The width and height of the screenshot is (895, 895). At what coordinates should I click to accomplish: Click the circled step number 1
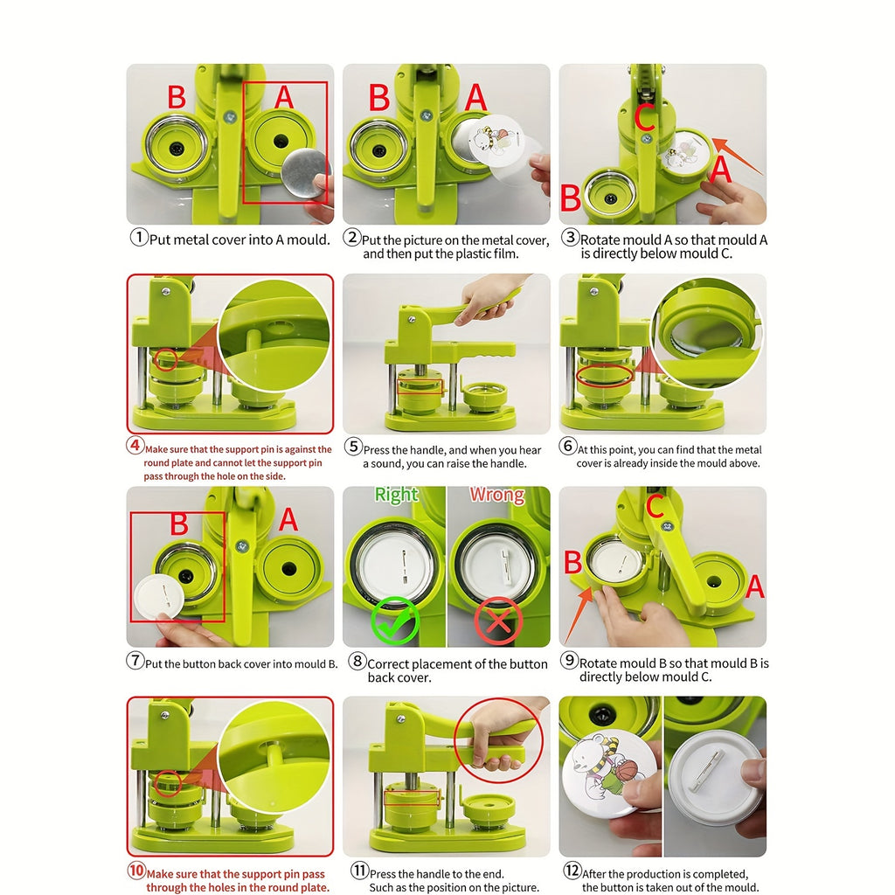pos(139,237)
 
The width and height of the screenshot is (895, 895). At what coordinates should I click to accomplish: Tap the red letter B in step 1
pos(177,97)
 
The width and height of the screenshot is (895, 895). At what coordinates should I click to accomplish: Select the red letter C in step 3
pos(645,116)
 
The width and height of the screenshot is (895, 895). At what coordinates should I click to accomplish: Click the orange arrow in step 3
pos(738,156)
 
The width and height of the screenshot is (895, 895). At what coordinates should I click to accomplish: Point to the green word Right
pos(396,495)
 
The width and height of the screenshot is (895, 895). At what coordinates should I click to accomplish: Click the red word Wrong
pos(497,495)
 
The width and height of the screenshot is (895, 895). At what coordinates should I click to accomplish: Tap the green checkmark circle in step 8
pos(395,621)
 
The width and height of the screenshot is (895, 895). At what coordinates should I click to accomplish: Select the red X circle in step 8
pos(497,621)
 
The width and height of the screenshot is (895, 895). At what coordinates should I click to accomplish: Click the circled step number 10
pos(136,871)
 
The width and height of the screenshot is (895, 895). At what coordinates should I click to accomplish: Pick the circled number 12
pos(572,871)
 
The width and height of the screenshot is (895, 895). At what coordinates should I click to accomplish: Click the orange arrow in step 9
pos(579,615)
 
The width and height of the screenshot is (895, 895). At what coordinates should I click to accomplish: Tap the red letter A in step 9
pos(754,586)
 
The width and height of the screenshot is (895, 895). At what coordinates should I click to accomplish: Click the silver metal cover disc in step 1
pos(306,174)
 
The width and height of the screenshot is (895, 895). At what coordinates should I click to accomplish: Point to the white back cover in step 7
pos(159,596)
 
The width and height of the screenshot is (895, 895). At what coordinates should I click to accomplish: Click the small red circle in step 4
pos(165,359)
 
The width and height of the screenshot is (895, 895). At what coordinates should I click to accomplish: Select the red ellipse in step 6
pos(605,375)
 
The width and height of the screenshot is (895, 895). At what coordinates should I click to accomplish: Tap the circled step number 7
pos(135,661)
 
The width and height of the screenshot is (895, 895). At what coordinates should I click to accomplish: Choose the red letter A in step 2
pos(475,98)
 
